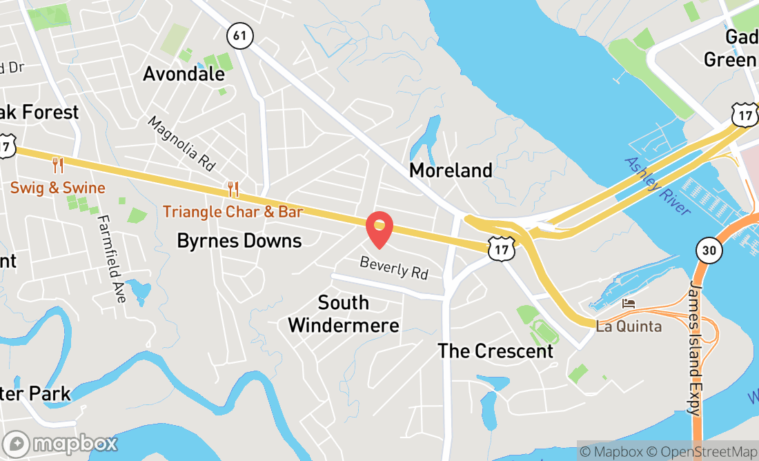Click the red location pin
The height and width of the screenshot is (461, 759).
tap(379, 230)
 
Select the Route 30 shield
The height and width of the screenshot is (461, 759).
tap(709, 249)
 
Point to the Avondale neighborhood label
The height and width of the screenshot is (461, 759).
tap(184, 74)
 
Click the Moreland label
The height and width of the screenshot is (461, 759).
tap(451, 170)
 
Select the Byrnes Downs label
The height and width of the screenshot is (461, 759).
tap(239, 241)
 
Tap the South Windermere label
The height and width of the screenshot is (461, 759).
tap(344, 314)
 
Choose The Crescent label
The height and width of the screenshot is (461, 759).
tap(495, 351)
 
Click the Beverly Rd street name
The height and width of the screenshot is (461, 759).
tap(394, 268)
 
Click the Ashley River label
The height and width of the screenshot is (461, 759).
tap(657, 186)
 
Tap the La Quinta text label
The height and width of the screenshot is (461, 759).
tap(629, 326)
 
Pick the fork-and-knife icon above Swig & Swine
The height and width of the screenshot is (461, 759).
tap(58, 165)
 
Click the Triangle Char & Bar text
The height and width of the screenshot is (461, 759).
tap(233, 212)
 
